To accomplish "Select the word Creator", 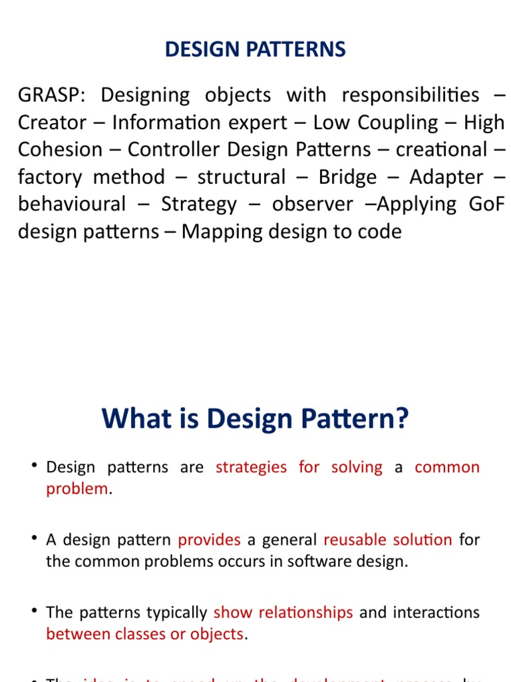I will click(x=52, y=123).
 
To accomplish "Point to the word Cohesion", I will click(x=61, y=150).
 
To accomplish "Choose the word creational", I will click(x=441, y=150).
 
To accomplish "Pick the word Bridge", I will click(x=347, y=177).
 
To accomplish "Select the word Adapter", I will click(x=446, y=177).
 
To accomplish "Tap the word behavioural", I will click(x=72, y=204).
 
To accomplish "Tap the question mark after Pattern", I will click(x=401, y=420).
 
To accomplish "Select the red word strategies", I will click(x=252, y=467).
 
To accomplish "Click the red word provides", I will click(x=209, y=539).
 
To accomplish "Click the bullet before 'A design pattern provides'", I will click(x=33, y=538).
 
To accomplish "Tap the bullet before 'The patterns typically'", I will click(x=33, y=611).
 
